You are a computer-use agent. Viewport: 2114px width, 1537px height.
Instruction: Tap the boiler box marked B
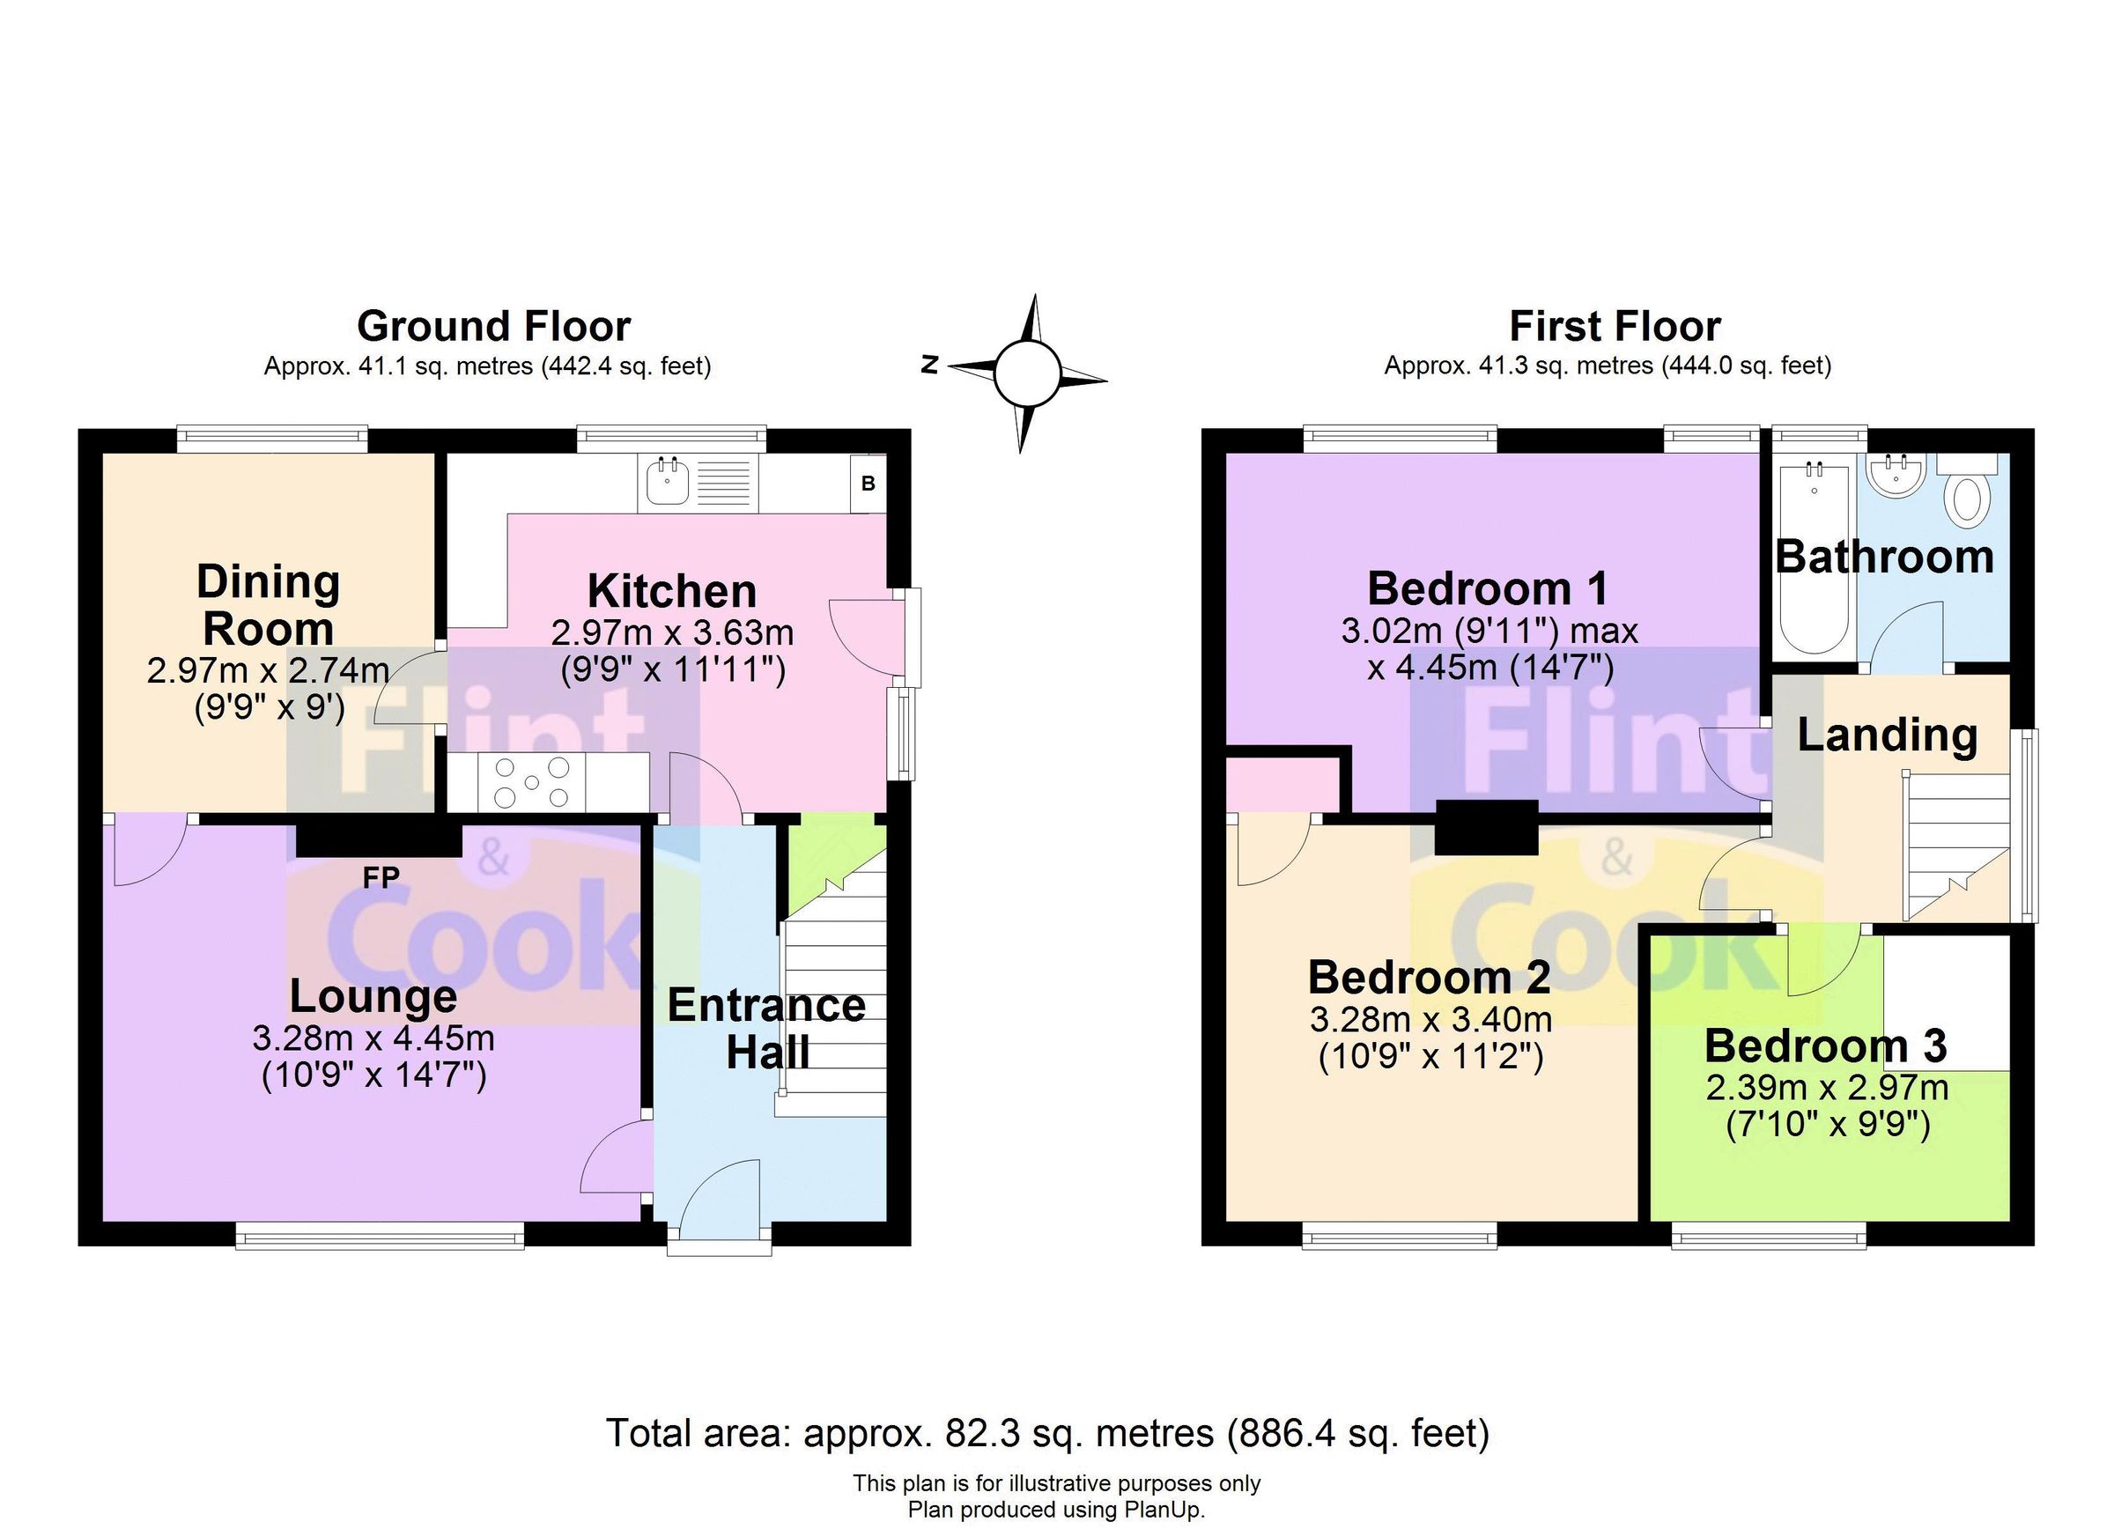(x=867, y=483)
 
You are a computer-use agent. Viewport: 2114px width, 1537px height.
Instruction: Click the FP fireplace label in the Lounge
(x=381, y=877)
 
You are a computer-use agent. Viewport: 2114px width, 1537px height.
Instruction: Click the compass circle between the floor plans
(x=1026, y=373)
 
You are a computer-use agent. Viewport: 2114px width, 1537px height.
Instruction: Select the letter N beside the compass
(x=929, y=365)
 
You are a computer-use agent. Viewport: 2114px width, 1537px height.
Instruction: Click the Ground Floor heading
(x=493, y=327)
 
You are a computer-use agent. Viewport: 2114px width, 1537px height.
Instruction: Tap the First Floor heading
(x=1615, y=327)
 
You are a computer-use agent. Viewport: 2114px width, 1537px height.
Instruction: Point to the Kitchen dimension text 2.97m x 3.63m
(x=671, y=634)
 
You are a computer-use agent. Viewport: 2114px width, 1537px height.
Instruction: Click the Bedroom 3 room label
(x=1825, y=1046)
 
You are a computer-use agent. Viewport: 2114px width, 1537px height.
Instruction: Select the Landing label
(x=1887, y=735)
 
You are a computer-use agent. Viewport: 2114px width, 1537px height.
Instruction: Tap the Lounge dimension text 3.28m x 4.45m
(x=373, y=1038)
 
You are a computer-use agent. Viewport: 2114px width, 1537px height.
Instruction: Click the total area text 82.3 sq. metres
(x=1047, y=1432)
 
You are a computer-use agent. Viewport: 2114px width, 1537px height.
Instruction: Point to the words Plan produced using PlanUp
(x=1056, y=1510)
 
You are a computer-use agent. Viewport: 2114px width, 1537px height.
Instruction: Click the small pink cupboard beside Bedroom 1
(x=1282, y=785)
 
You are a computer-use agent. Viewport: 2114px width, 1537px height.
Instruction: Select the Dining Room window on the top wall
(x=272, y=438)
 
